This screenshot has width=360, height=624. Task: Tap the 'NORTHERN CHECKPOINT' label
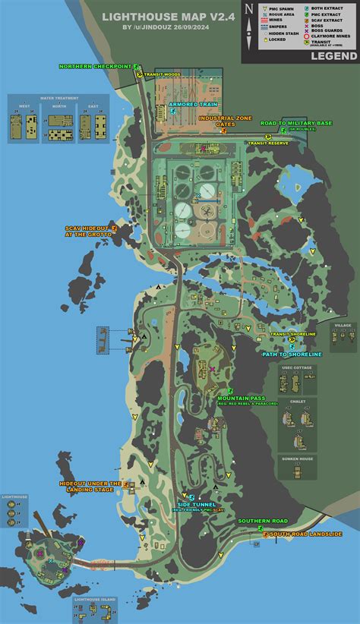tap(95, 67)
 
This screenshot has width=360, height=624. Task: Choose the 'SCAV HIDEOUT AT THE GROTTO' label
tap(87, 231)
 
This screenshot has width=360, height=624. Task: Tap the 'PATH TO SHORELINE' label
tap(292, 354)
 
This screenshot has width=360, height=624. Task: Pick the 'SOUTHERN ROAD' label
tap(262, 522)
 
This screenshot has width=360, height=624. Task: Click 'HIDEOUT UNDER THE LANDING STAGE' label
tap(90, 487)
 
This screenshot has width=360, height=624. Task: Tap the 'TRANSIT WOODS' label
tap(163, 73)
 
